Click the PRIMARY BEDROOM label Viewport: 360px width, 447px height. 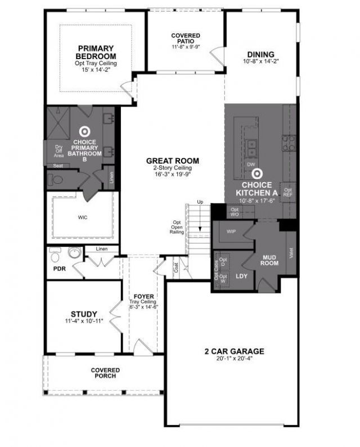click(x=96, y=52)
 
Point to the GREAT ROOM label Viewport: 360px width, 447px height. click(x=173, y=161)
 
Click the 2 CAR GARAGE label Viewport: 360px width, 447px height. click(x=234, y=351)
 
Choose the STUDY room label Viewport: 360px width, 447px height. click(x=84, y=314)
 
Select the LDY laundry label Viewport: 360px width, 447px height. click(x=242, y=276)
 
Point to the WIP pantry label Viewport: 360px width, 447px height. click(x=231, y=232)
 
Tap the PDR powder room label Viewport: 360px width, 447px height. click(x=60, y=269)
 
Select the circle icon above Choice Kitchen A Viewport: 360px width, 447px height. click(x=257, y=175)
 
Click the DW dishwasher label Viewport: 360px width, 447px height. click(x=251, y=164)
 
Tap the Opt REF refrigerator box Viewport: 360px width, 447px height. click(x=288, y=192)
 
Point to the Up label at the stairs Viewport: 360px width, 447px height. click(x=200, y=202)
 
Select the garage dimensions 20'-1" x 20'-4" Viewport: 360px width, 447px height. click(x=234, y=360)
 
